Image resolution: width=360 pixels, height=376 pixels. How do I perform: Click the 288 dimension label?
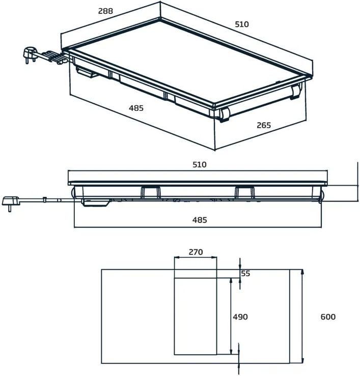pos(104,11)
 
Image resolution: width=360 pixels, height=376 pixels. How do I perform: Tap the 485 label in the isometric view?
pos(136,108)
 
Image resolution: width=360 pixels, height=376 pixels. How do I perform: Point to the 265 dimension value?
pos(263,125)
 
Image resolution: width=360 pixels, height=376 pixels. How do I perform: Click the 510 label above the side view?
pos(200,164)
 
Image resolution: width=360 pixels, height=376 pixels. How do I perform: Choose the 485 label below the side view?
pos(200,220)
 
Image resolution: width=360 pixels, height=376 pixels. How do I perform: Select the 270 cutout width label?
pos(196,251)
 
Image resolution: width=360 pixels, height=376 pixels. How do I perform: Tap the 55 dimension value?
pos(245,273)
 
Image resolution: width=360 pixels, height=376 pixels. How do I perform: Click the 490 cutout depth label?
pos(240,316)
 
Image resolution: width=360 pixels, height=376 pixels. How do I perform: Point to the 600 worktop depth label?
pos(328,316)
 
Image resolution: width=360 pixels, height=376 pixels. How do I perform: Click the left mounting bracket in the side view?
pos(149,191)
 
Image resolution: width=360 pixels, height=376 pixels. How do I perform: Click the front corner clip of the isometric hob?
pos(225,115)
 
